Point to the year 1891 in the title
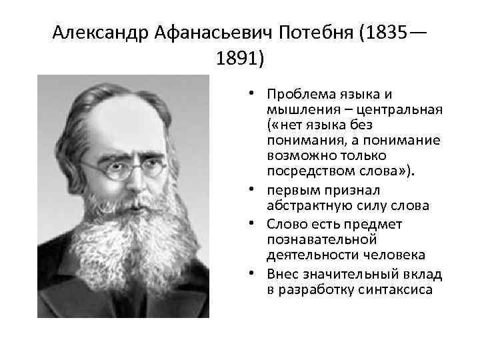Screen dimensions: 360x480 tap(237, 59)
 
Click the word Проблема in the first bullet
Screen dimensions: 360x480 tap(296, 95)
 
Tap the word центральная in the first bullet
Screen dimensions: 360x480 tap(407, 110)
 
